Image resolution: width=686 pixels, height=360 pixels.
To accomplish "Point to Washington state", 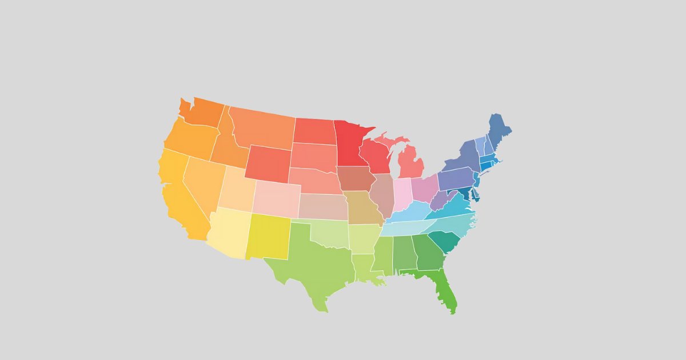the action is tap(203, 112).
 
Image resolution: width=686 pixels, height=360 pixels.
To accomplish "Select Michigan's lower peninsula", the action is tap(410, 163).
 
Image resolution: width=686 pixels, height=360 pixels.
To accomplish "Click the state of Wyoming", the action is tap(269, 163).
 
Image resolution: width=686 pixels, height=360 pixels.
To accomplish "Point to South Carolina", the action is tap(443, 243).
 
